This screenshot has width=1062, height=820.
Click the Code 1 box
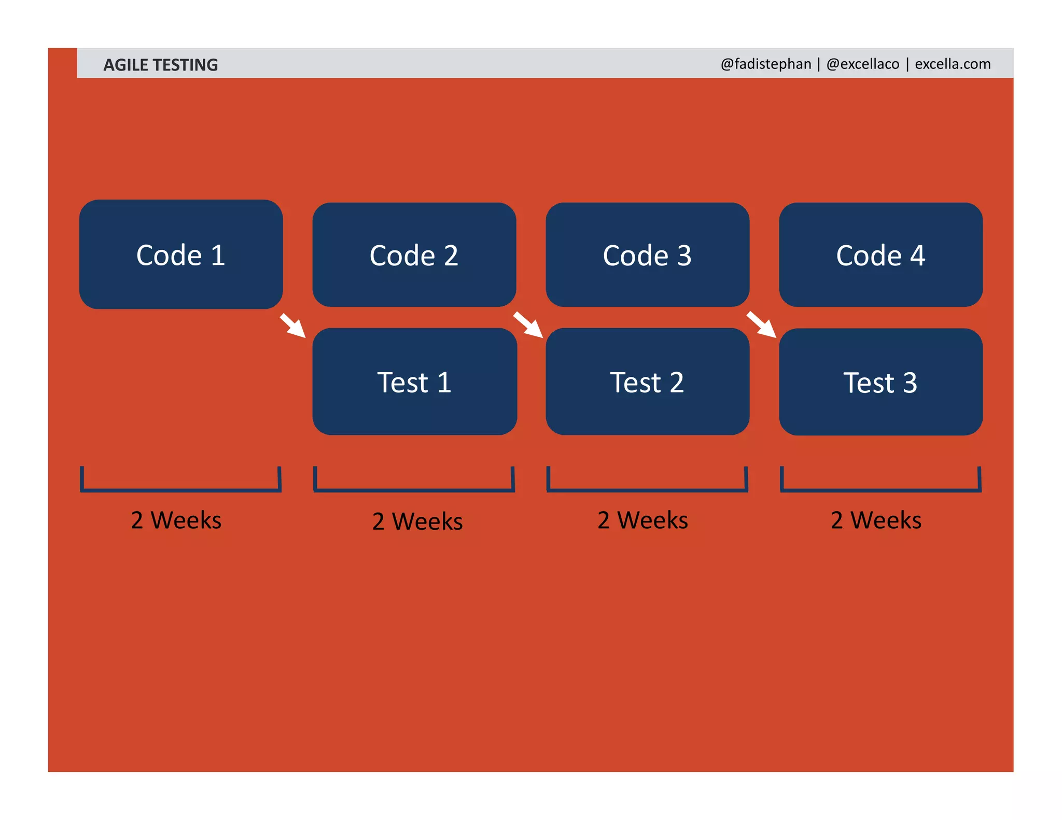click(180, 255)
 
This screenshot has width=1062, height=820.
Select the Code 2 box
click(414, 255)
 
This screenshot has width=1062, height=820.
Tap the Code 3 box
click(647, 255)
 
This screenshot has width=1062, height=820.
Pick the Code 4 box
click(881, 255)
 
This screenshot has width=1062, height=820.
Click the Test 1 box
click(414, 381)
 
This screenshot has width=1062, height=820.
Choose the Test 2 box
click(647, 381)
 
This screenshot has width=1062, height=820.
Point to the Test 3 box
click(881, 381)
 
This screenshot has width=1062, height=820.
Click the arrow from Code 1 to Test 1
click(294, 326)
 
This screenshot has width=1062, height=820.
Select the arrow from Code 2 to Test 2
click(528, 324)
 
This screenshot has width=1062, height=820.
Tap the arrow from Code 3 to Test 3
click(761, 324)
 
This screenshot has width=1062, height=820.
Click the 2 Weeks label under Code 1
click(176, 520)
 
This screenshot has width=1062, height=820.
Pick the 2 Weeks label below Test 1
click(417, 521)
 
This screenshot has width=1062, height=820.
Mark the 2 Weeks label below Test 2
click(642, 520)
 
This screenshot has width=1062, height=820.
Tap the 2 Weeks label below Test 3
click(876, 520)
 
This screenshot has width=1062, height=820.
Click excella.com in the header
click(953, 64)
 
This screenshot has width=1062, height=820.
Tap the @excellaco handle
click(863, 64)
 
